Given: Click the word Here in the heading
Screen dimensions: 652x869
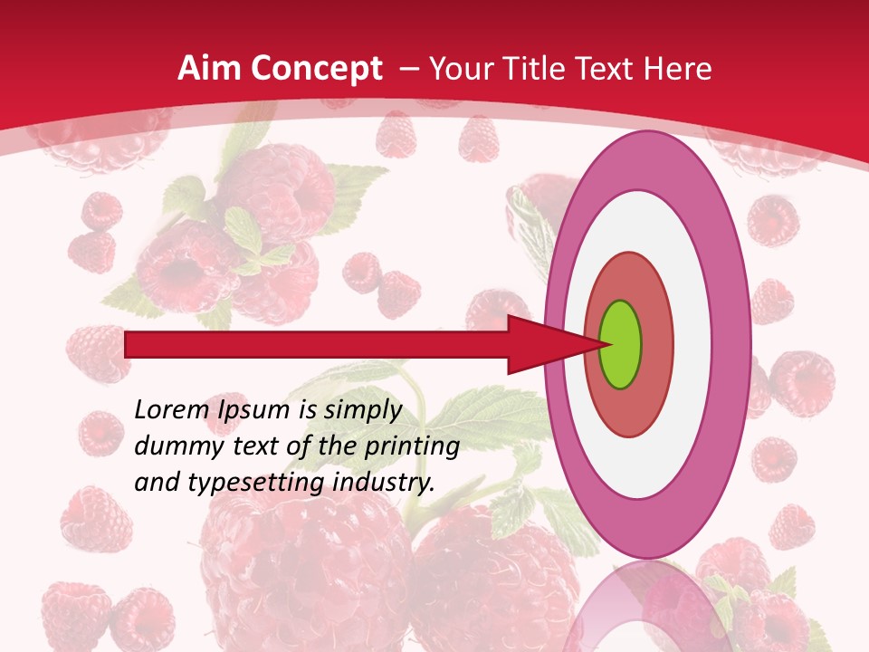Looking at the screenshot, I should point(680,69).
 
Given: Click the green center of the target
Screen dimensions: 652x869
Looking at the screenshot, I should point(621,344).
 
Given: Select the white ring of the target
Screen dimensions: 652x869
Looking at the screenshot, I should point(648,226).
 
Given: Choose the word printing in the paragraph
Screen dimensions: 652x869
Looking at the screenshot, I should point(412,447).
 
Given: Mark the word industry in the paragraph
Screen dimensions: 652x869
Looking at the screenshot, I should point(383,483).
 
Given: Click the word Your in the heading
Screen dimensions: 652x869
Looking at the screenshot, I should point(458,69).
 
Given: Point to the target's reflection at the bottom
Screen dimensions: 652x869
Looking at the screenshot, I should point(648,611).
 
